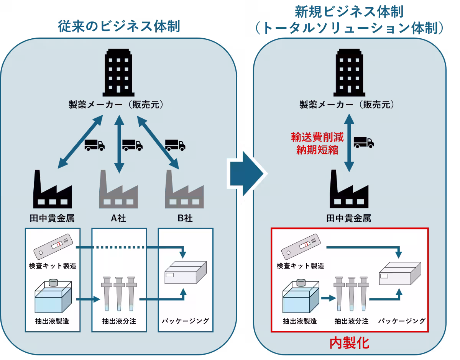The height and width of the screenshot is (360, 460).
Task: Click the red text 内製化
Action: (x=349, y=343)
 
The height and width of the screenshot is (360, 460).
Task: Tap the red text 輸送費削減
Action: (x=317, y=137)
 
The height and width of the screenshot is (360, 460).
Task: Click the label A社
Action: (x=118, y=218)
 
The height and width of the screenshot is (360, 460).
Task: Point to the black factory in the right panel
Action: (x=349, y=190)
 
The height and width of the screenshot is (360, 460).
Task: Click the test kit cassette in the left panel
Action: (x=53, y=245)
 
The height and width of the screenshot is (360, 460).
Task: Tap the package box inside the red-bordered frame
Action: (x=399, y=274)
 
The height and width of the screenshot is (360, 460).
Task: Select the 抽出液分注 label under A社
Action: (x=119, y=321)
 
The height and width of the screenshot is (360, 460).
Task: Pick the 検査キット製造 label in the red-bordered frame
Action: (x=301, y=265)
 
